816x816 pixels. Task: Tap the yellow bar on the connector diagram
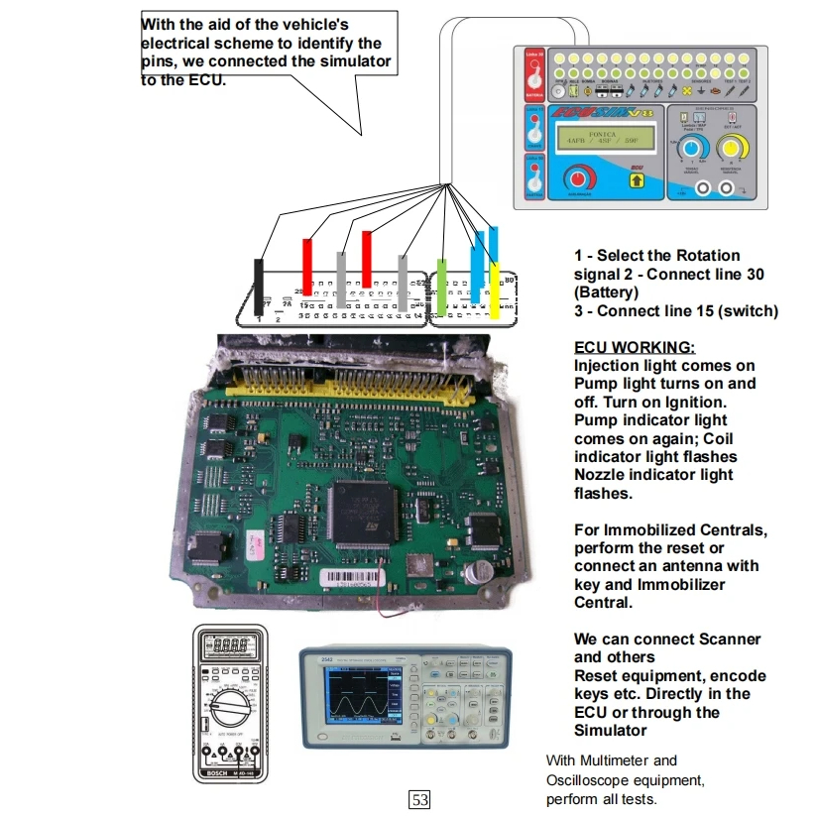[x=495, y=291]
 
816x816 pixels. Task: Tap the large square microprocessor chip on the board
[x=365, y=513]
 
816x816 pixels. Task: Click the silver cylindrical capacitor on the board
[x=481, y=572]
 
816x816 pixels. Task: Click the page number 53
[x=419, y=799]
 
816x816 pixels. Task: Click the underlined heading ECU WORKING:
[x=635, y=347]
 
